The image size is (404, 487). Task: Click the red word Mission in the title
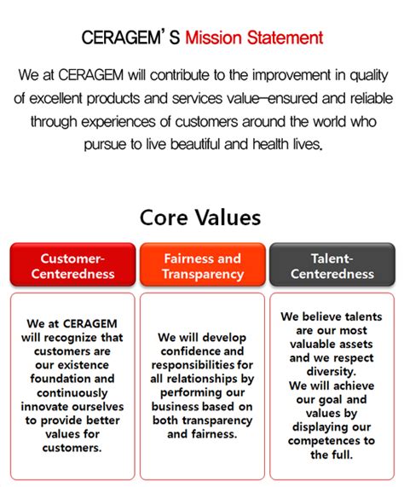pyautogui.click(x=213, y=38)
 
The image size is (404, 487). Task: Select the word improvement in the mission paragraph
pyautogui.click(x=291, y=75)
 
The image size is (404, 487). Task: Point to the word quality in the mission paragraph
pyautogui.click(x=369, y=76)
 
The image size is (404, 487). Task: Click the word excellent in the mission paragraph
pyautogui.click(x=55, y=98)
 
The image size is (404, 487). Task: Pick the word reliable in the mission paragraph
pyautogui.click(x=372, y=98)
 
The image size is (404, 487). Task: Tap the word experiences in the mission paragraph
pyautogui.click(x=118, y=122)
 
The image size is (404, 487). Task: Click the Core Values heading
pyautogui.click(x=200, y=217)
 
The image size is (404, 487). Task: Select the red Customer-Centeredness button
pyautogui.click(x=73, y=264)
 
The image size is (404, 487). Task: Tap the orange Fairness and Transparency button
pyautogui.click(x=203, y=264)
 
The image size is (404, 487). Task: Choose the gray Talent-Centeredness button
pyautogui.click(x=332, y=264)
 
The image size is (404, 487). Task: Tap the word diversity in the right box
pyautogui.click(x=332, y=372)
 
